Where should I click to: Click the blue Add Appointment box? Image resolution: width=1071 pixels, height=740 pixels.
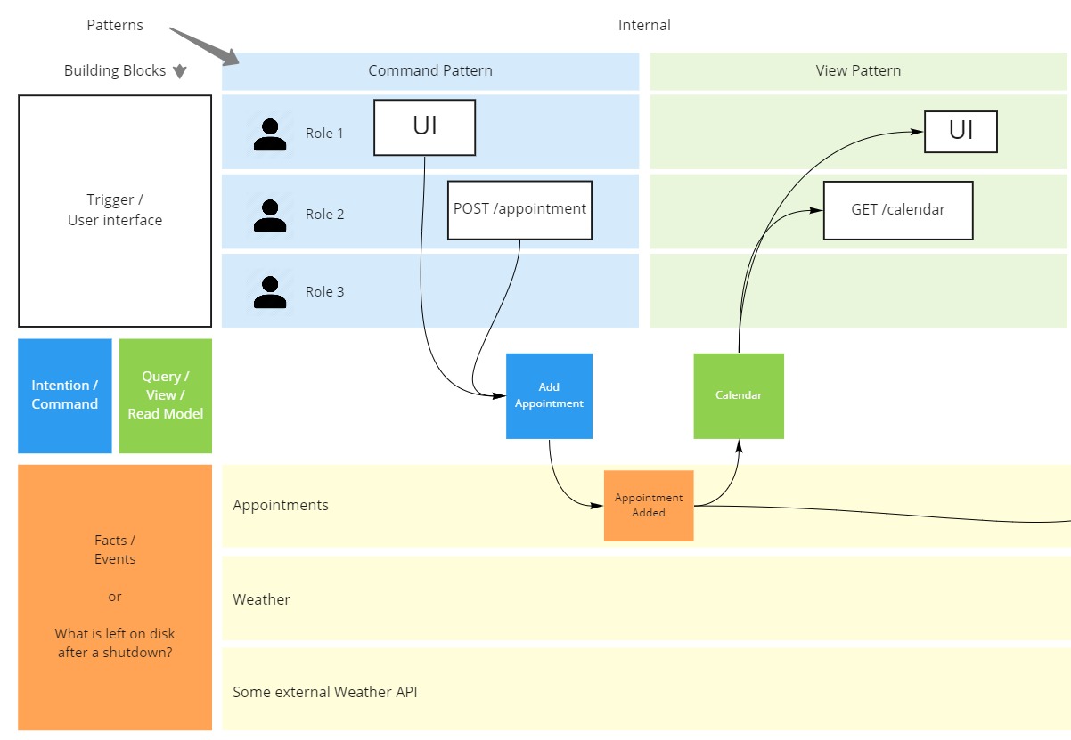(x=549, y=396)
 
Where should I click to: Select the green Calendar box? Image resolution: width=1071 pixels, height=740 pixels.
(x=739, y=396)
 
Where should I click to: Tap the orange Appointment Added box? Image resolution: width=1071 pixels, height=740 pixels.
(x=649, y=506)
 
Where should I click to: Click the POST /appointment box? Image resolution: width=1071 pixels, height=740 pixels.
(x=519, y=210)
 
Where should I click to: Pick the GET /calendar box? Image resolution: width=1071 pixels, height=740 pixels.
(x=897, y=210)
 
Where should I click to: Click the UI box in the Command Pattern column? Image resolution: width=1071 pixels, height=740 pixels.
(x=424, y=127)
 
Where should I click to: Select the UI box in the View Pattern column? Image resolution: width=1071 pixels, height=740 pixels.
(x=961, y=132)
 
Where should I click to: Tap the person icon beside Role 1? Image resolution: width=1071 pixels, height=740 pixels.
(x=270, y=134)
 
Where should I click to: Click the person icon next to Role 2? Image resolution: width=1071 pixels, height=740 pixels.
(x=270, y=215)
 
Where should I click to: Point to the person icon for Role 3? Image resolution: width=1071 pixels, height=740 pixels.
(x=270, y=292)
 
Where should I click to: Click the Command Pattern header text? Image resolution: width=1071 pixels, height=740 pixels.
(x=430, y=70)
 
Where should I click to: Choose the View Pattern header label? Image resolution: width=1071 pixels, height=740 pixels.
(x=858, y=70)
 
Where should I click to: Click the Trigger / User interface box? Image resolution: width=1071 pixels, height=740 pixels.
(x=115, y=211)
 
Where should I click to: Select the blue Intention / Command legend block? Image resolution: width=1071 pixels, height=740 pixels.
(x=65, y=395)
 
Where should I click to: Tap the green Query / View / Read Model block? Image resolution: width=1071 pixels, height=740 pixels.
(x=166, y=395)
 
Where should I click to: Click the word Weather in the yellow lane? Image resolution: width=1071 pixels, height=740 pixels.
(x=261, y=599)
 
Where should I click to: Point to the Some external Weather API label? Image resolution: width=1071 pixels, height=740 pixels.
(x=324, y=692)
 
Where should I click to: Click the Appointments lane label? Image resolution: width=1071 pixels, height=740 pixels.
(x=281, y=505)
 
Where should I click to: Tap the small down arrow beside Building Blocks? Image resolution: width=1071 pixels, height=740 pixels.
(x=179, y=72)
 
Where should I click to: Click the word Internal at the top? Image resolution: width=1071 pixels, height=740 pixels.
(x=644, y=25)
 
